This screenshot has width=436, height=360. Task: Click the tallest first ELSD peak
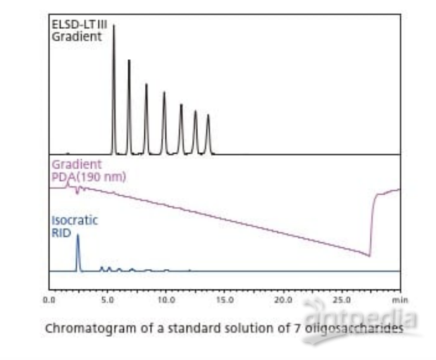(114, 28)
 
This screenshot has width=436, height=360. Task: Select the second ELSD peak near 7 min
(129, 63)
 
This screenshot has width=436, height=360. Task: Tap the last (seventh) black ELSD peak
(208, 117)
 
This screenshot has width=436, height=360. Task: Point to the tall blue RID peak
(77, 238)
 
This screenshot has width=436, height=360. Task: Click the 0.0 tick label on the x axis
(49, 299)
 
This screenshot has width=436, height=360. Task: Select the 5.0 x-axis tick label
(108, 299)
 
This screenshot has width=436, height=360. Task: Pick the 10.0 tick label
(166, 299)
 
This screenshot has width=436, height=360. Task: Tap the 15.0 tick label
(225, 299)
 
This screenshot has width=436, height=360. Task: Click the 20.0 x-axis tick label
(283, 299)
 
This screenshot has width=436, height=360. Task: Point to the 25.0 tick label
(342, 299)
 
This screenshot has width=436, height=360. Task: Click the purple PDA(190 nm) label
(88, 176)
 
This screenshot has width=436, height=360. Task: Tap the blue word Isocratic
(74, 220)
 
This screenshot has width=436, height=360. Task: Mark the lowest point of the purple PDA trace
(370, 256)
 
